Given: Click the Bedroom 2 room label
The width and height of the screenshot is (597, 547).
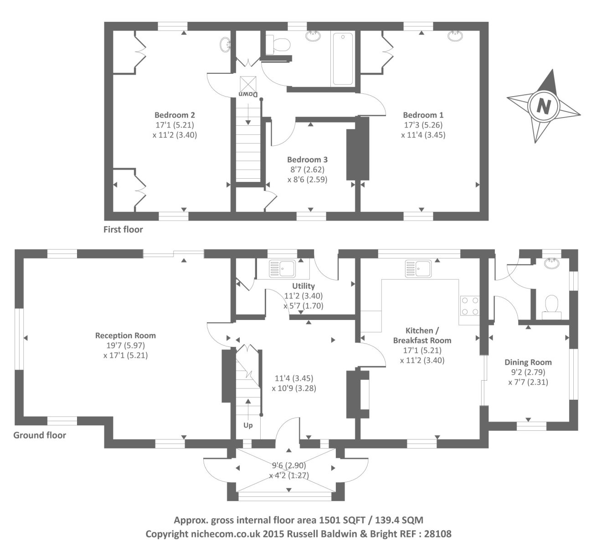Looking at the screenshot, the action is tap(175, 115).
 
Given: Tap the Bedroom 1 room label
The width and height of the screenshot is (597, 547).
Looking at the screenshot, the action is tap(423, 115).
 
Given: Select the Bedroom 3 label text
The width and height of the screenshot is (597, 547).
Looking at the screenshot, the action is tap(307, 160).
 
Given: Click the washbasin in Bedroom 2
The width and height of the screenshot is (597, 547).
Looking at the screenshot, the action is tap(225, 44).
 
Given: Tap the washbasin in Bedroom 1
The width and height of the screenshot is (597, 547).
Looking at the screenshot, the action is tap(453, 36).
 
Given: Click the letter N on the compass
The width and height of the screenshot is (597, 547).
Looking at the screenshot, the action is tap(543, 106).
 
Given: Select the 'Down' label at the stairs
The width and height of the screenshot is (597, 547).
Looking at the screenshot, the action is tap(248, 94).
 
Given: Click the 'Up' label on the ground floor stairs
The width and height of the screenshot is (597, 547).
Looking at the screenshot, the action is tap(248, 425).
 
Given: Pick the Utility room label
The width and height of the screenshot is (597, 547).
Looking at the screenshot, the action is tap(303, 286).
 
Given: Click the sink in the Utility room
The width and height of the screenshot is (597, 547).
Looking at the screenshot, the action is tap(282, 268).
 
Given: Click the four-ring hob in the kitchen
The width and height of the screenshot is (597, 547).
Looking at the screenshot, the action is tap(470, 306).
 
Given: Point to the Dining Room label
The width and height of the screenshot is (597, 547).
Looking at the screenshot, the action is tap(528, 362).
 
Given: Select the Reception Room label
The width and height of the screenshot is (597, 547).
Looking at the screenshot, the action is tap(125, 335).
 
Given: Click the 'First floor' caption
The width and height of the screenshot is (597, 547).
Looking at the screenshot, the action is tap(123, 229).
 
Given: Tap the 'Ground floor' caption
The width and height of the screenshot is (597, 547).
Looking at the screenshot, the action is tap(40, 435).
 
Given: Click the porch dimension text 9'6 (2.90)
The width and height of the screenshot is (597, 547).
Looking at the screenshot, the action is tap(289, 465).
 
